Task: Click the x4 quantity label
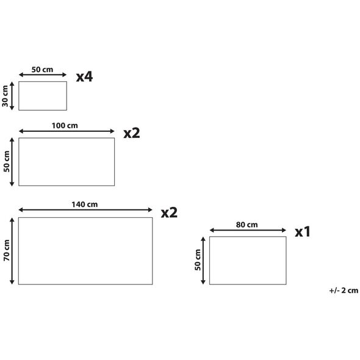pos(84,77)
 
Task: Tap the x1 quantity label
pos(303,232)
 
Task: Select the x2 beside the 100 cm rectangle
pos(132,133)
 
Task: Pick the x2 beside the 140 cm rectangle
pos(169,212)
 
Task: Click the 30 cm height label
pos(5,96)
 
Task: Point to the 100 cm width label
pos(65,126)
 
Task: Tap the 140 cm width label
pos(84,204)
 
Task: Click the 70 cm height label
pos(7,251)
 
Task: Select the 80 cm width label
pos(247,225)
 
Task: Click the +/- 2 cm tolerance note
pos(344,290)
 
